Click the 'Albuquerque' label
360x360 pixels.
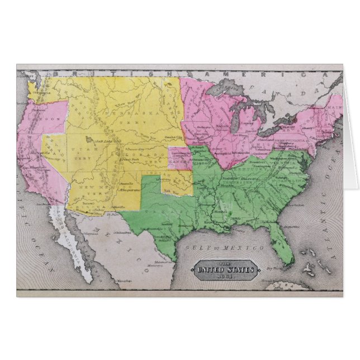[129, 189]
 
